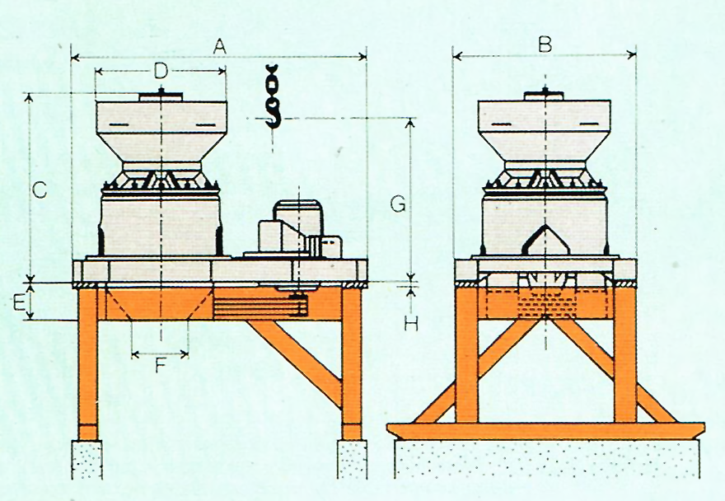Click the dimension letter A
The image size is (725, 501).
click(219, 47)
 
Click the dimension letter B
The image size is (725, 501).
click(545, 44)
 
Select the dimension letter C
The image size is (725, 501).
click(40, 190)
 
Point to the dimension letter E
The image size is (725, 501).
click(18, 302)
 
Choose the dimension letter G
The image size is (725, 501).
click(398, 204)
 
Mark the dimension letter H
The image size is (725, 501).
click(410, 323)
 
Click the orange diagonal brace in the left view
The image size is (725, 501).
click(297, 358)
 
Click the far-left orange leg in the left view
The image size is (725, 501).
click(87, 363)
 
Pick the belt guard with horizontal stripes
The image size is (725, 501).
click(260, 306)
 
